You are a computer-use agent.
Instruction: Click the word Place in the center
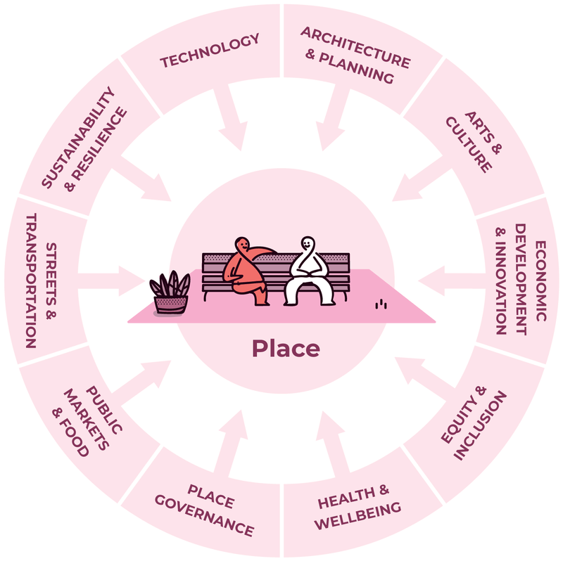(x=286, y=349)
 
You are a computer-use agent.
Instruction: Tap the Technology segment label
(x=210, y=51)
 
